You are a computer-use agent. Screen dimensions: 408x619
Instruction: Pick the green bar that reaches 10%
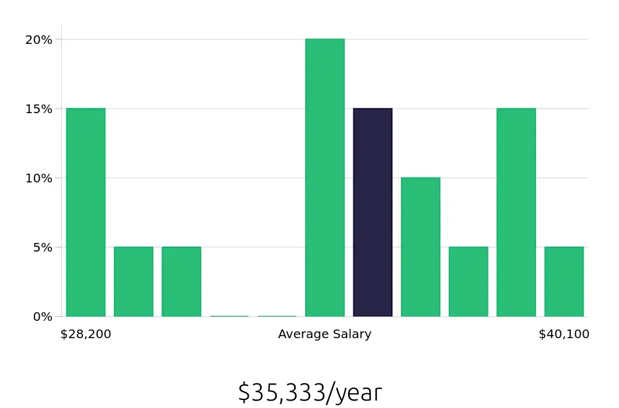(x=420, y=247)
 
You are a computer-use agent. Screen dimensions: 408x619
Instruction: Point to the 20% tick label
(x=38, y=40)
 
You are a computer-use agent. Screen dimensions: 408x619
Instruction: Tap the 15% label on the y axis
(x=38, y=109)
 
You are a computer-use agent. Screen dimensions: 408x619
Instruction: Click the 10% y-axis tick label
(x=38, y=178)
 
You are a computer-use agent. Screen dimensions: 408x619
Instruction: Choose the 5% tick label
(x=41, y=247)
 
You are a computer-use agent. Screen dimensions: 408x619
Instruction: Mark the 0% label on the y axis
(x=41, y=317)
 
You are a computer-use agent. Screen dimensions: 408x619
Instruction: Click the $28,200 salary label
(x=85, y=334)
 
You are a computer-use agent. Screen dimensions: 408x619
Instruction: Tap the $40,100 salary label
(x=564, y=334)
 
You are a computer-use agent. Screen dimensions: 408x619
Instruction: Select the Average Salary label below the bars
(x=324, y=334)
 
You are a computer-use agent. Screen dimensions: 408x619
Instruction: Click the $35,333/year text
(x=309, y=393)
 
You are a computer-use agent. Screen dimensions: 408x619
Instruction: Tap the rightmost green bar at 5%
(x=564, y=281)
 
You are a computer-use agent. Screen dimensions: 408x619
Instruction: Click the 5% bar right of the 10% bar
(x=469, y=281)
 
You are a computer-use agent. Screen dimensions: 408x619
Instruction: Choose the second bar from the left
(x=134, y=281)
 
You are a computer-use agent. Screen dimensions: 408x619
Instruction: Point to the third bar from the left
(x=181, y=281)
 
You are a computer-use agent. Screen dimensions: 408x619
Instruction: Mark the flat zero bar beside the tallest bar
(x=277, y=316)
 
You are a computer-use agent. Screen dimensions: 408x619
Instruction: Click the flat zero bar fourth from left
(x=229, y=316)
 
